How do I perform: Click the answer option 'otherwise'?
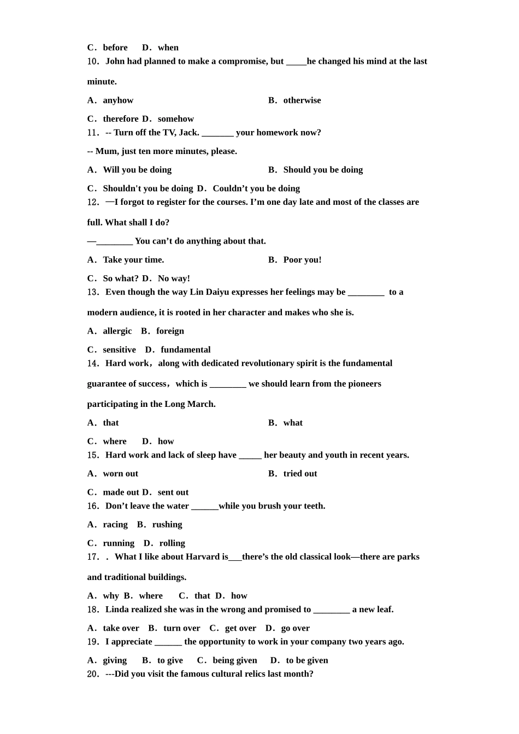point(302,100)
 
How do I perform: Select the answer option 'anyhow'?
point(118,100)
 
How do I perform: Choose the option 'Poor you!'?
point(302,260)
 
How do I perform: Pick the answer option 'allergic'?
point(117,331)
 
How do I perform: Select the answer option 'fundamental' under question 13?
point(185,350)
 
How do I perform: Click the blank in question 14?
point(228,384)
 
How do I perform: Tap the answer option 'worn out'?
point(120,474)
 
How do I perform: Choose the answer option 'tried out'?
point(300,474)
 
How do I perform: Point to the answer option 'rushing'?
point(167,525)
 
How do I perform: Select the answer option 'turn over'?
point(181,629)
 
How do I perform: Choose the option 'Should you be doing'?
point(323,170)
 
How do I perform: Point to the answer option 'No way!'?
point(174,279)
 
